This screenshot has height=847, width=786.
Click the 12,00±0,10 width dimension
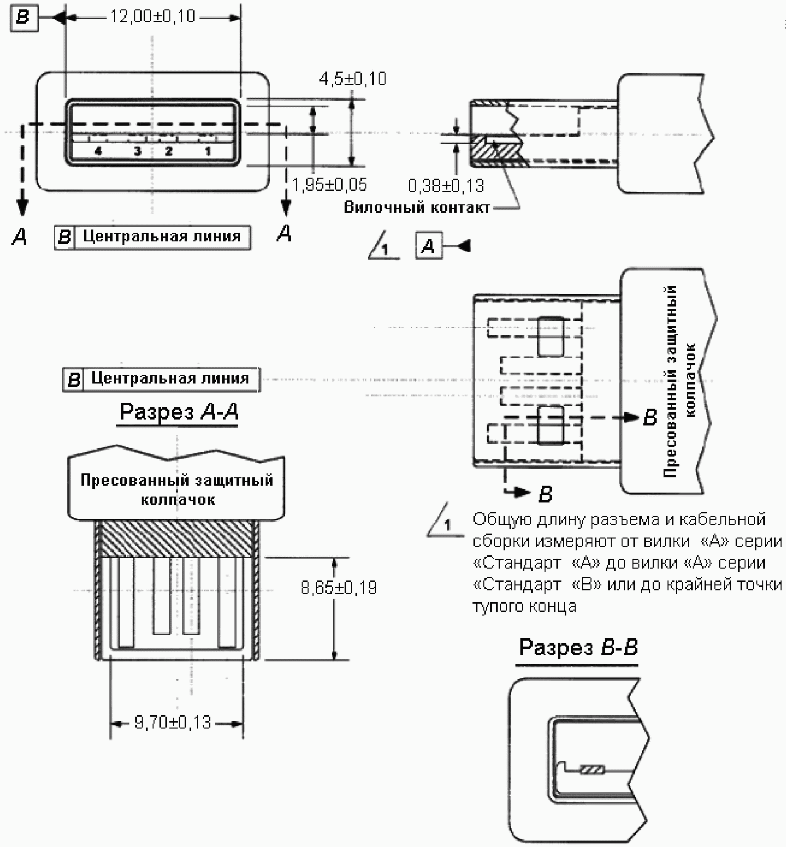(x=153, y=17)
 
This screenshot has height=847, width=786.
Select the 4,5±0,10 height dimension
(x=353, y=79)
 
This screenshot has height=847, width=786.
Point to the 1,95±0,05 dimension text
(x=329, y=185)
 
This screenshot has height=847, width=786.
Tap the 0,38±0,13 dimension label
(x=446, y=186)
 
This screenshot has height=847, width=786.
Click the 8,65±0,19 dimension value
(x=339, y=587)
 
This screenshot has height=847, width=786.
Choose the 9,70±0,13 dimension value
(x=173, y=723)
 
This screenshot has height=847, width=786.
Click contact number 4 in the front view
(x=98, y=151)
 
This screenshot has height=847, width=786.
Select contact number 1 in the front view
(x=208, y=151)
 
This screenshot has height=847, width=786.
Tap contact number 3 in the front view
(x=137, y=151)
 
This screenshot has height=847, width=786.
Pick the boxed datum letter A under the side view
(x=429, y=245)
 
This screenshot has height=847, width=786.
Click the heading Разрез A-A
(x=179, y=411)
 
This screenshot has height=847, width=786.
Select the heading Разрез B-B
(x=578, y=647)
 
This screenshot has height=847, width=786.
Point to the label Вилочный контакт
(x=417, y=207)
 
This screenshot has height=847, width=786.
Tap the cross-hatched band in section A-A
(x=177, y=539)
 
